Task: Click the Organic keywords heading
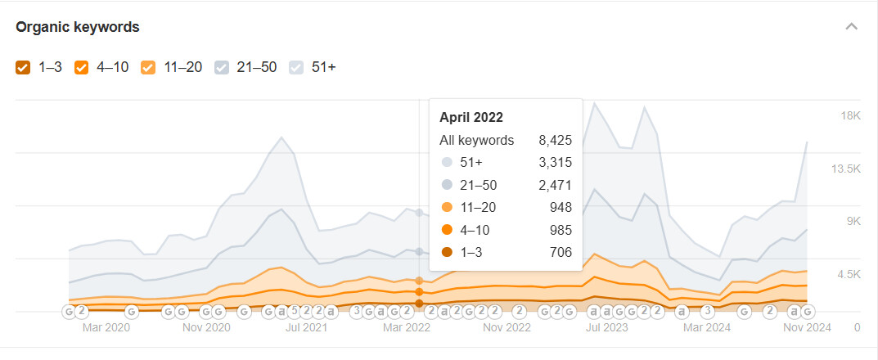click(77, 27)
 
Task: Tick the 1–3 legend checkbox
click(23, 68)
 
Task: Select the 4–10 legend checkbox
click(81, 68)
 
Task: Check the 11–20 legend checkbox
click(148, 68)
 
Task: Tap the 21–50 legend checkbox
click(221, 68)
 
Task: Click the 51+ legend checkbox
click(295, 68)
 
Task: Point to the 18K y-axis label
click(850, 116)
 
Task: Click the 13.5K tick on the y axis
click(846, 169)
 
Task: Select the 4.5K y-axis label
click(849, 274)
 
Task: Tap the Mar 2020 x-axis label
click(106, 327)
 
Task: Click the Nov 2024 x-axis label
click(807, 327)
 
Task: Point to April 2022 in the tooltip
click(471, 118)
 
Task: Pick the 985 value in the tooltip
click(561, 230)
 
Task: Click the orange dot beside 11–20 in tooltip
click(447, 208)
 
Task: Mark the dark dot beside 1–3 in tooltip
click(447, 253)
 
